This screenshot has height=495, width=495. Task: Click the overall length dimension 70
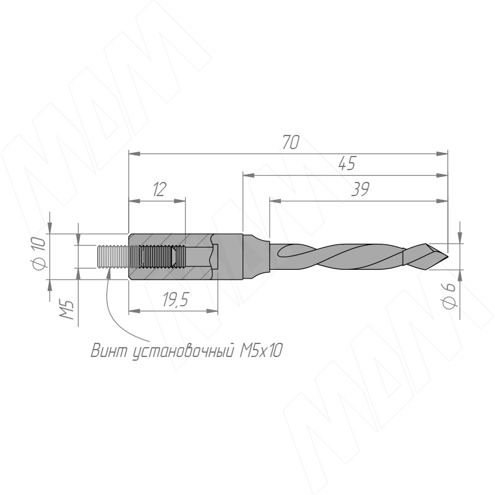(291, 142)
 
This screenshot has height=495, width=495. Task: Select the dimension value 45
(347, 163)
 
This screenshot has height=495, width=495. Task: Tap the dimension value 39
(361, 189)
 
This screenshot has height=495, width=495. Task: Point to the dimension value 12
(159, 189)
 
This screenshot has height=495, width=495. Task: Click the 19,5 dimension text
(176, 299)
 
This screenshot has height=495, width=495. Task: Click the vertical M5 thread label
(67, 310)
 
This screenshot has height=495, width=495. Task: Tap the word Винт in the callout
(110, 350)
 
